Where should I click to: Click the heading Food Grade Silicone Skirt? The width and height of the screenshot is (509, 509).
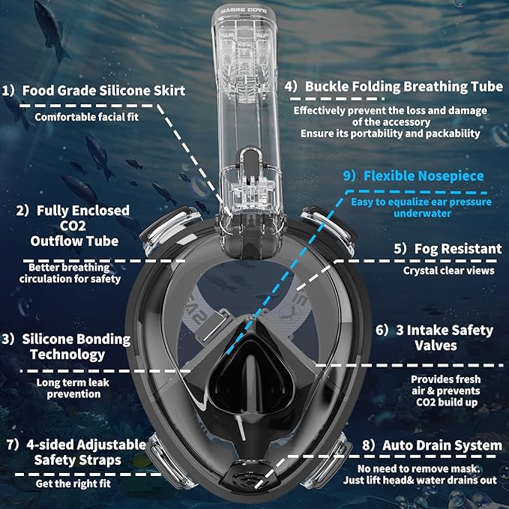(x=103, y=91)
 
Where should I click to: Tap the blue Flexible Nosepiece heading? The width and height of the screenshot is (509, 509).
(x=424, y=176)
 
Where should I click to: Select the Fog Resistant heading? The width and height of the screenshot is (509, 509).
(x=448, y=248)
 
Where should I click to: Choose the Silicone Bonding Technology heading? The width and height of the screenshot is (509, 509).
(x=67, y=347)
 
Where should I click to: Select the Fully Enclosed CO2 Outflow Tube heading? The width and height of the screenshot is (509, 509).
(x=74, y=226)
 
